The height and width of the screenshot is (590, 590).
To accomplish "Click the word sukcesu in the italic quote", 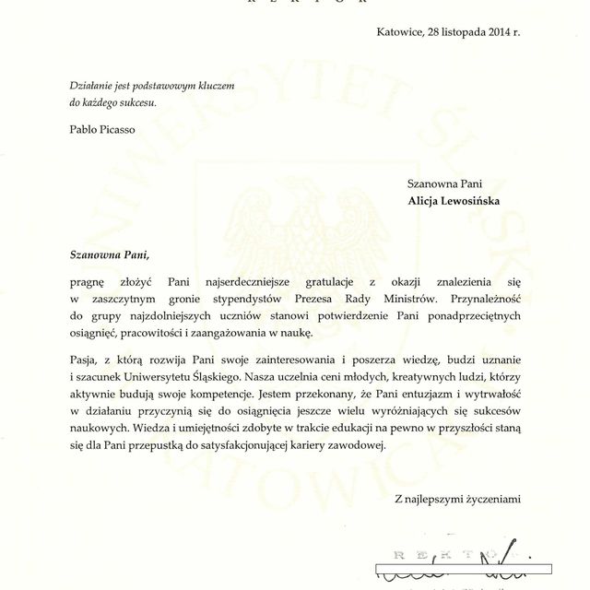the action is (x=136, y=102).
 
